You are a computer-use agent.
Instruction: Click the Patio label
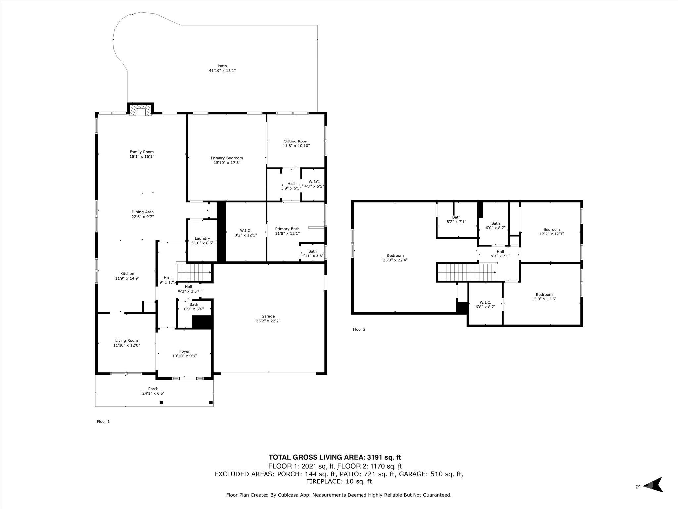coord(222,66)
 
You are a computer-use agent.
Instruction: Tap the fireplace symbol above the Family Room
coord(141,111)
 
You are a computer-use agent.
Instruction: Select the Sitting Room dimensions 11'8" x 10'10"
coord(296,146)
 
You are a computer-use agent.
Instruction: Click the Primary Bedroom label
coord(227,158)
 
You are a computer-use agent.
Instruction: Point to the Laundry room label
coord(202,238)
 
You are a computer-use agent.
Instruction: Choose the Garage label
coord(268,316)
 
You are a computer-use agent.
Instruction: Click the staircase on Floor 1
coord(194,272)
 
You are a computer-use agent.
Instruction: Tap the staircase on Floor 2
coord(466,272)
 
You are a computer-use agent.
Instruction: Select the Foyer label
coord(184,351)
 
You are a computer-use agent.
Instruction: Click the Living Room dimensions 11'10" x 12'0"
coord(126,345)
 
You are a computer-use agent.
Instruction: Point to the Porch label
coord(153,389)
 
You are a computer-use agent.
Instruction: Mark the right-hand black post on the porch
coord(211,403)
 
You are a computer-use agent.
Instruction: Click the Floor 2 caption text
coord(359,329)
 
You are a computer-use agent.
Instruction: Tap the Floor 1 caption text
coord(103,422)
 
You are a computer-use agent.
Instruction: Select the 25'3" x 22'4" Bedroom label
coord(395,255)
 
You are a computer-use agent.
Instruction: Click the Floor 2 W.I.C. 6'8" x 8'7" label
coord(485,302)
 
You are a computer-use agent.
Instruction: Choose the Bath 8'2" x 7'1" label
coord(456,217)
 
